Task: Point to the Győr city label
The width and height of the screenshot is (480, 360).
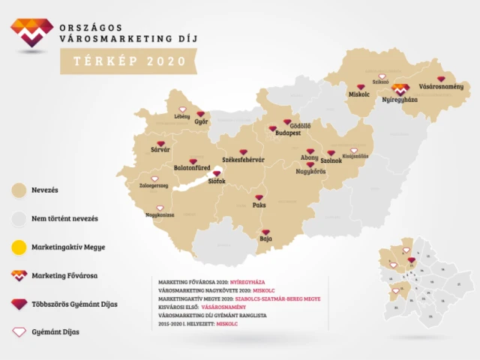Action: coord(200,121)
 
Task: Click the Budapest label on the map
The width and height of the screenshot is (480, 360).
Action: coord(288,131)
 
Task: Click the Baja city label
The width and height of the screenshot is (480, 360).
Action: coord(265,239)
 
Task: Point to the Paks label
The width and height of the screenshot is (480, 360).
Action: coord(259,205)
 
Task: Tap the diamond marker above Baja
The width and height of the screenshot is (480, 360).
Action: coord(265,231)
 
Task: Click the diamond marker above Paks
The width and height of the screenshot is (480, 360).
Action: coord(259,196)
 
